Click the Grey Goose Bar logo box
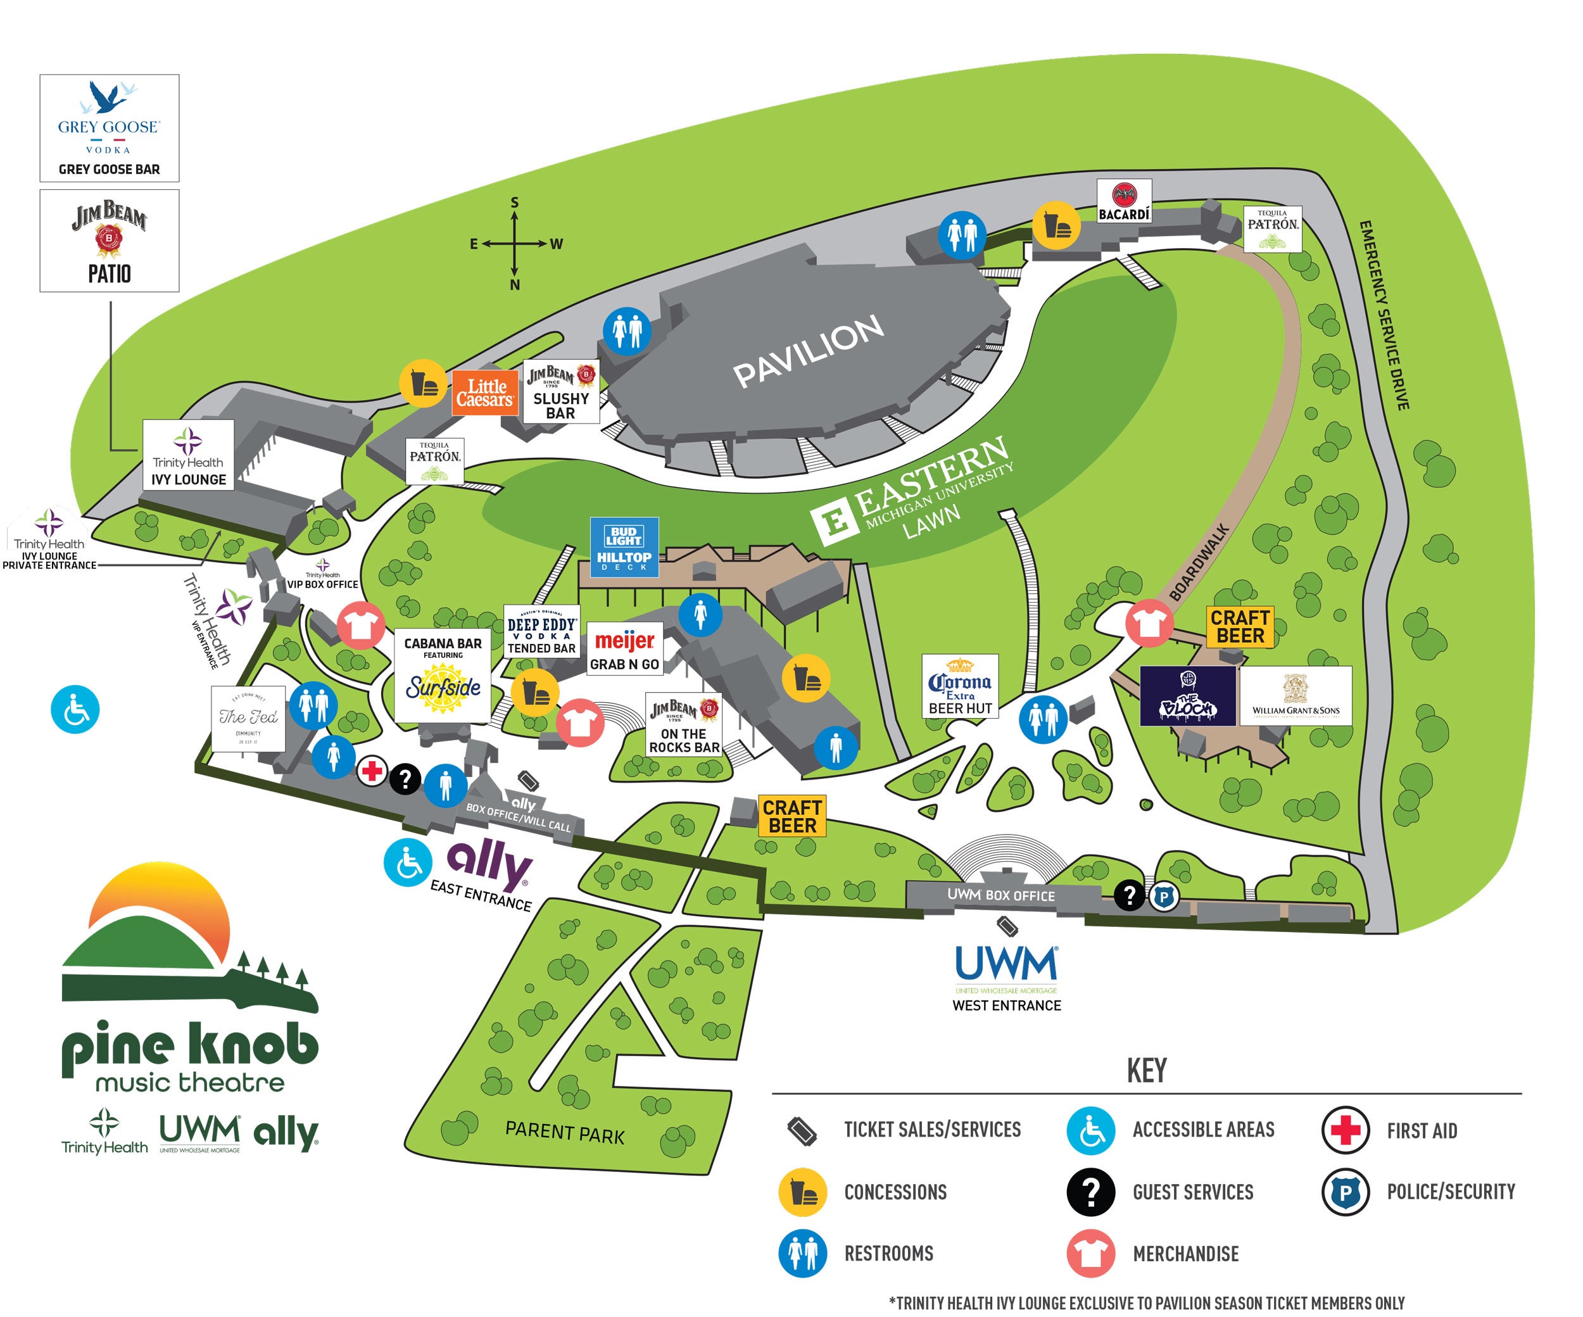(x=110, y=127)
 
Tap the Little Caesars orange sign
(x=486, y=393)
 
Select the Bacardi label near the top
(x=1123, y=201)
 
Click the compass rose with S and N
(x=515, y=244)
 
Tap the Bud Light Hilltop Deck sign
(x=624, y=546)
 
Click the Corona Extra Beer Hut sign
(x=959, y=685)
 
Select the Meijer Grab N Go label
(x=624, y=648)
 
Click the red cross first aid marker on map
(x=372, y=771)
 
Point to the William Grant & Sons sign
(x=1295, y=695)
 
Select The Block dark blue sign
(x=1187, y=695)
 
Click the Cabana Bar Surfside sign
(x=443, y=675)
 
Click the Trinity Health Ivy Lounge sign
(x=189, y=455)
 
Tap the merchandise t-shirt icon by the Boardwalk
(x=1149, y=622)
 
